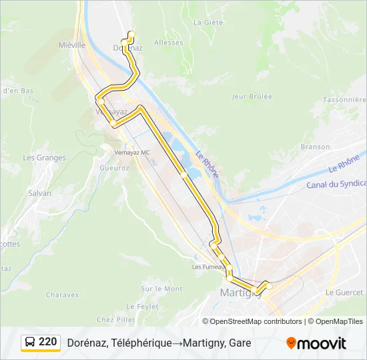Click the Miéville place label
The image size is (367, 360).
pos(72,45)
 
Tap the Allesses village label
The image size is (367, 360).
pos(168,43)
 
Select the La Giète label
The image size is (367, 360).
pos(208,22)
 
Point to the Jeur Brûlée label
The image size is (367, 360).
pos(252,97)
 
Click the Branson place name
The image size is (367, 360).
pos(315,147)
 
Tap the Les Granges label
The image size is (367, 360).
pos(45,158)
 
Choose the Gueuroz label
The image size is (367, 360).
pos(114,168)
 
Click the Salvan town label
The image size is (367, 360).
pos(39,193)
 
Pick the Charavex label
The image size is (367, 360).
pos(62,295)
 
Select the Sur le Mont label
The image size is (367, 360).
pos(161,289)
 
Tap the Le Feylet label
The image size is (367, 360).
pos(142,306)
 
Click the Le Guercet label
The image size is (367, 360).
pos(344,293)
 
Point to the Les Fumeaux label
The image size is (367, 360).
pos(206,267)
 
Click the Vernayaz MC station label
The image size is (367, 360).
pos(132,153)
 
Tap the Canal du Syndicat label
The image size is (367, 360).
pos(336,184)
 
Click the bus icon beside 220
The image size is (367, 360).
pos(31,342)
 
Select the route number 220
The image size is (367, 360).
pos(47,342)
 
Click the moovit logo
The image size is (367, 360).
pos(316,343)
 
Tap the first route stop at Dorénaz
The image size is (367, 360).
pos(131,34)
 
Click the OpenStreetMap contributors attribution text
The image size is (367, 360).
pos(256,321)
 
